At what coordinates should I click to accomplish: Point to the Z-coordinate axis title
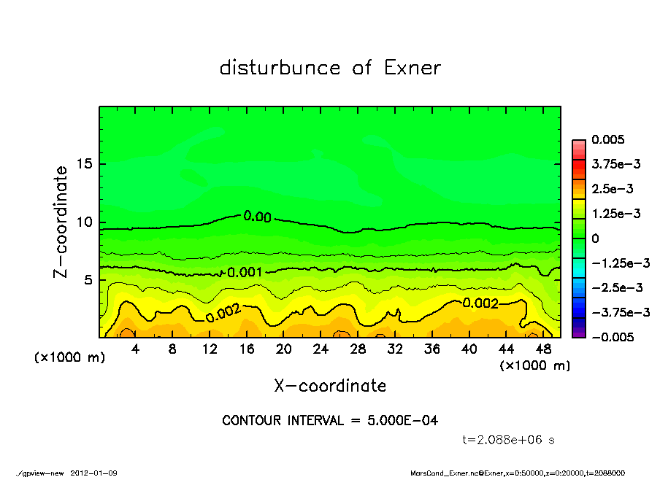coord(61,221)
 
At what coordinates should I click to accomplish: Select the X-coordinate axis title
coord(330,385)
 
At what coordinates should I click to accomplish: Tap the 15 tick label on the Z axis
coord(84,164)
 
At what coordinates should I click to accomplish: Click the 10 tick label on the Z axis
coord(84,222)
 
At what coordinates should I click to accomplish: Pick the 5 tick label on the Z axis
coord(88,279)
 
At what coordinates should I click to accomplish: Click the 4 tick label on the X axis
coord(136,349)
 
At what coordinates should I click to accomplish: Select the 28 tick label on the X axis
coord(358,349)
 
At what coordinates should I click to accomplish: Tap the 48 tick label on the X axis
coord(543,349)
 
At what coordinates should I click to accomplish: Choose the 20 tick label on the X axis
coord(284,349)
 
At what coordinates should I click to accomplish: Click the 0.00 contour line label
coord(257,217)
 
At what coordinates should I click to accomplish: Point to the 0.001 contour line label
coord(245,272)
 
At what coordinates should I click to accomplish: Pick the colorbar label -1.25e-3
coord(621,263)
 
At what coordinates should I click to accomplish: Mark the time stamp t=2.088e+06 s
coord(510,440)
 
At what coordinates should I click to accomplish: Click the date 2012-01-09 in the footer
coord(94,473)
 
